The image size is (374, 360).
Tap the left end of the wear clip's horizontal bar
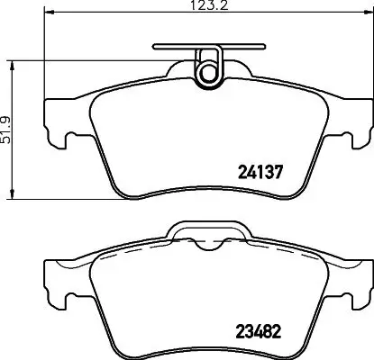[x=157, y=45]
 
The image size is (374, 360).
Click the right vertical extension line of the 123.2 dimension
[x=367, y=54]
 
